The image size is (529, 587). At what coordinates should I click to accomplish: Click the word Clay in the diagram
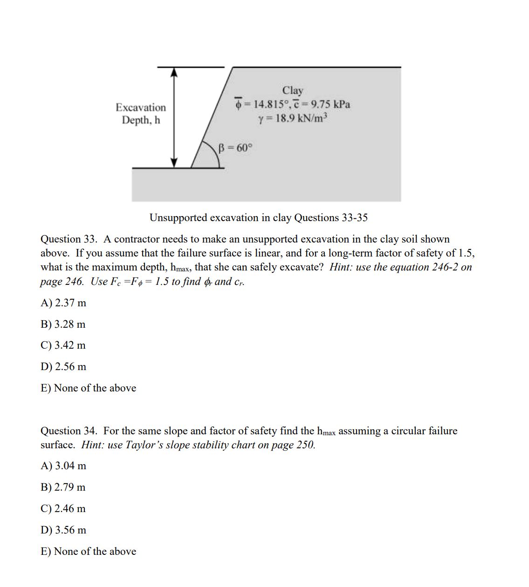pos(292,90)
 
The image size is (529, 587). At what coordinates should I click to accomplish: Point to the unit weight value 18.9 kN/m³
pos(293,118)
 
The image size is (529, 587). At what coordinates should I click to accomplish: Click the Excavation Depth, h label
pos(141,114)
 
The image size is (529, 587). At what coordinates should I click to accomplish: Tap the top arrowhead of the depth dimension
pos(174,72)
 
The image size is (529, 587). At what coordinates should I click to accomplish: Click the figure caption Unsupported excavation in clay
pos(258,218)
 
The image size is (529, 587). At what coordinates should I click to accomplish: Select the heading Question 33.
pos(69,239)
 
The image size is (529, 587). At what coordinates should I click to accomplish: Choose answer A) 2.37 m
pos(63,303)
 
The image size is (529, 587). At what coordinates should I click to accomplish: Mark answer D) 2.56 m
pos(63,367)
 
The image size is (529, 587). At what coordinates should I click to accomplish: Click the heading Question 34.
pos(69,431)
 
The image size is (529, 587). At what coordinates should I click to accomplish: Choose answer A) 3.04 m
pos(63,466)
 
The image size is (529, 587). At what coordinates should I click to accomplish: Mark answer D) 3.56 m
pos(63,530)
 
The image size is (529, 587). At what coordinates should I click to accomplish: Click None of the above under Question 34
pos(89,552)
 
